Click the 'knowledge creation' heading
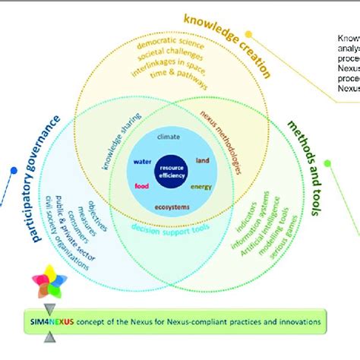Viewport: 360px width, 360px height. [229, 43]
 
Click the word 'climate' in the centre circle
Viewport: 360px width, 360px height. [169, 137]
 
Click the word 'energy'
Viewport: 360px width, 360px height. [201, 187]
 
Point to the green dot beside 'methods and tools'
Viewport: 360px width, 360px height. [327, 163]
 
